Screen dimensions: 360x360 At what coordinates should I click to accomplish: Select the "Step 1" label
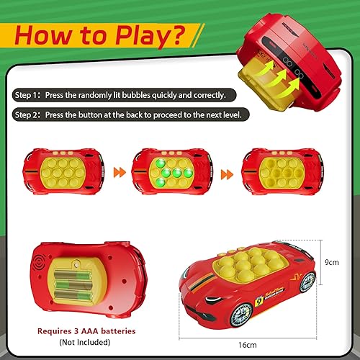point(27,95)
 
